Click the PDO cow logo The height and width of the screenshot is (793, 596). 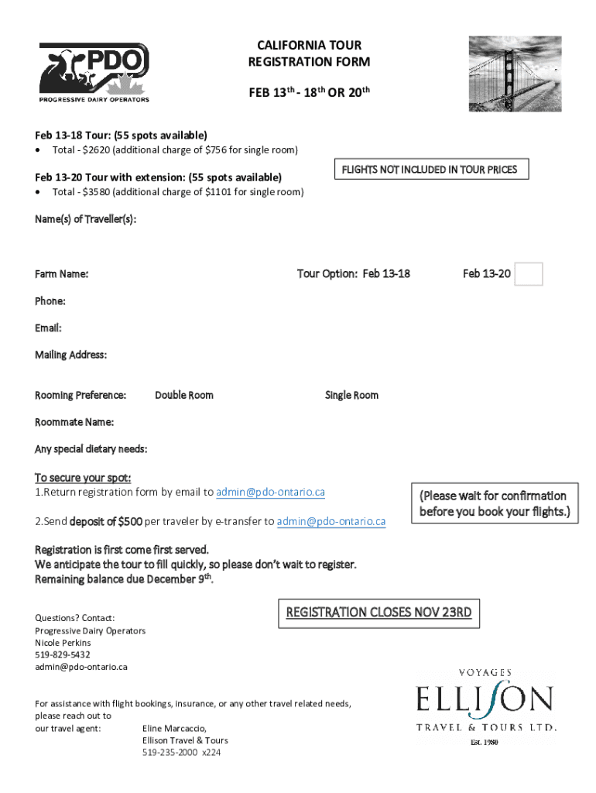[x=94, y=71]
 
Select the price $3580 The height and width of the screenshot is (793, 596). [x=99, y=191]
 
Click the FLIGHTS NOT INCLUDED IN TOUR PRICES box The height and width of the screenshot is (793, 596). [x=430, y=170]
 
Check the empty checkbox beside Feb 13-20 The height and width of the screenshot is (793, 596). [x=529, y=274]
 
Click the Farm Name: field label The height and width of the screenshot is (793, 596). [x=61, y=274]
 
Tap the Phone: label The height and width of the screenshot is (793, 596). [x=50, y=300]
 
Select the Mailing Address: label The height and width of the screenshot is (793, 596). [x=71, y=355]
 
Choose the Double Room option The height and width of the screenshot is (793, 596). [x=184, y=395]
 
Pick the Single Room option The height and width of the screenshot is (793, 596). [x=351, y=395]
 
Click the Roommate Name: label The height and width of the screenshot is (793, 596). [x=74, y=422]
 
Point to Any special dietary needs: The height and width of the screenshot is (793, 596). [x=91, y=449]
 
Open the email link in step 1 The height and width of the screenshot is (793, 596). [x=270, y=493]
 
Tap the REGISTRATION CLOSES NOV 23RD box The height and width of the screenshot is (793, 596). [x=378, y=613]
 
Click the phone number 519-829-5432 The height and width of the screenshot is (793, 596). [x=63, y=654]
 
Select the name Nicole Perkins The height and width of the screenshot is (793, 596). [x=63, y=643]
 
